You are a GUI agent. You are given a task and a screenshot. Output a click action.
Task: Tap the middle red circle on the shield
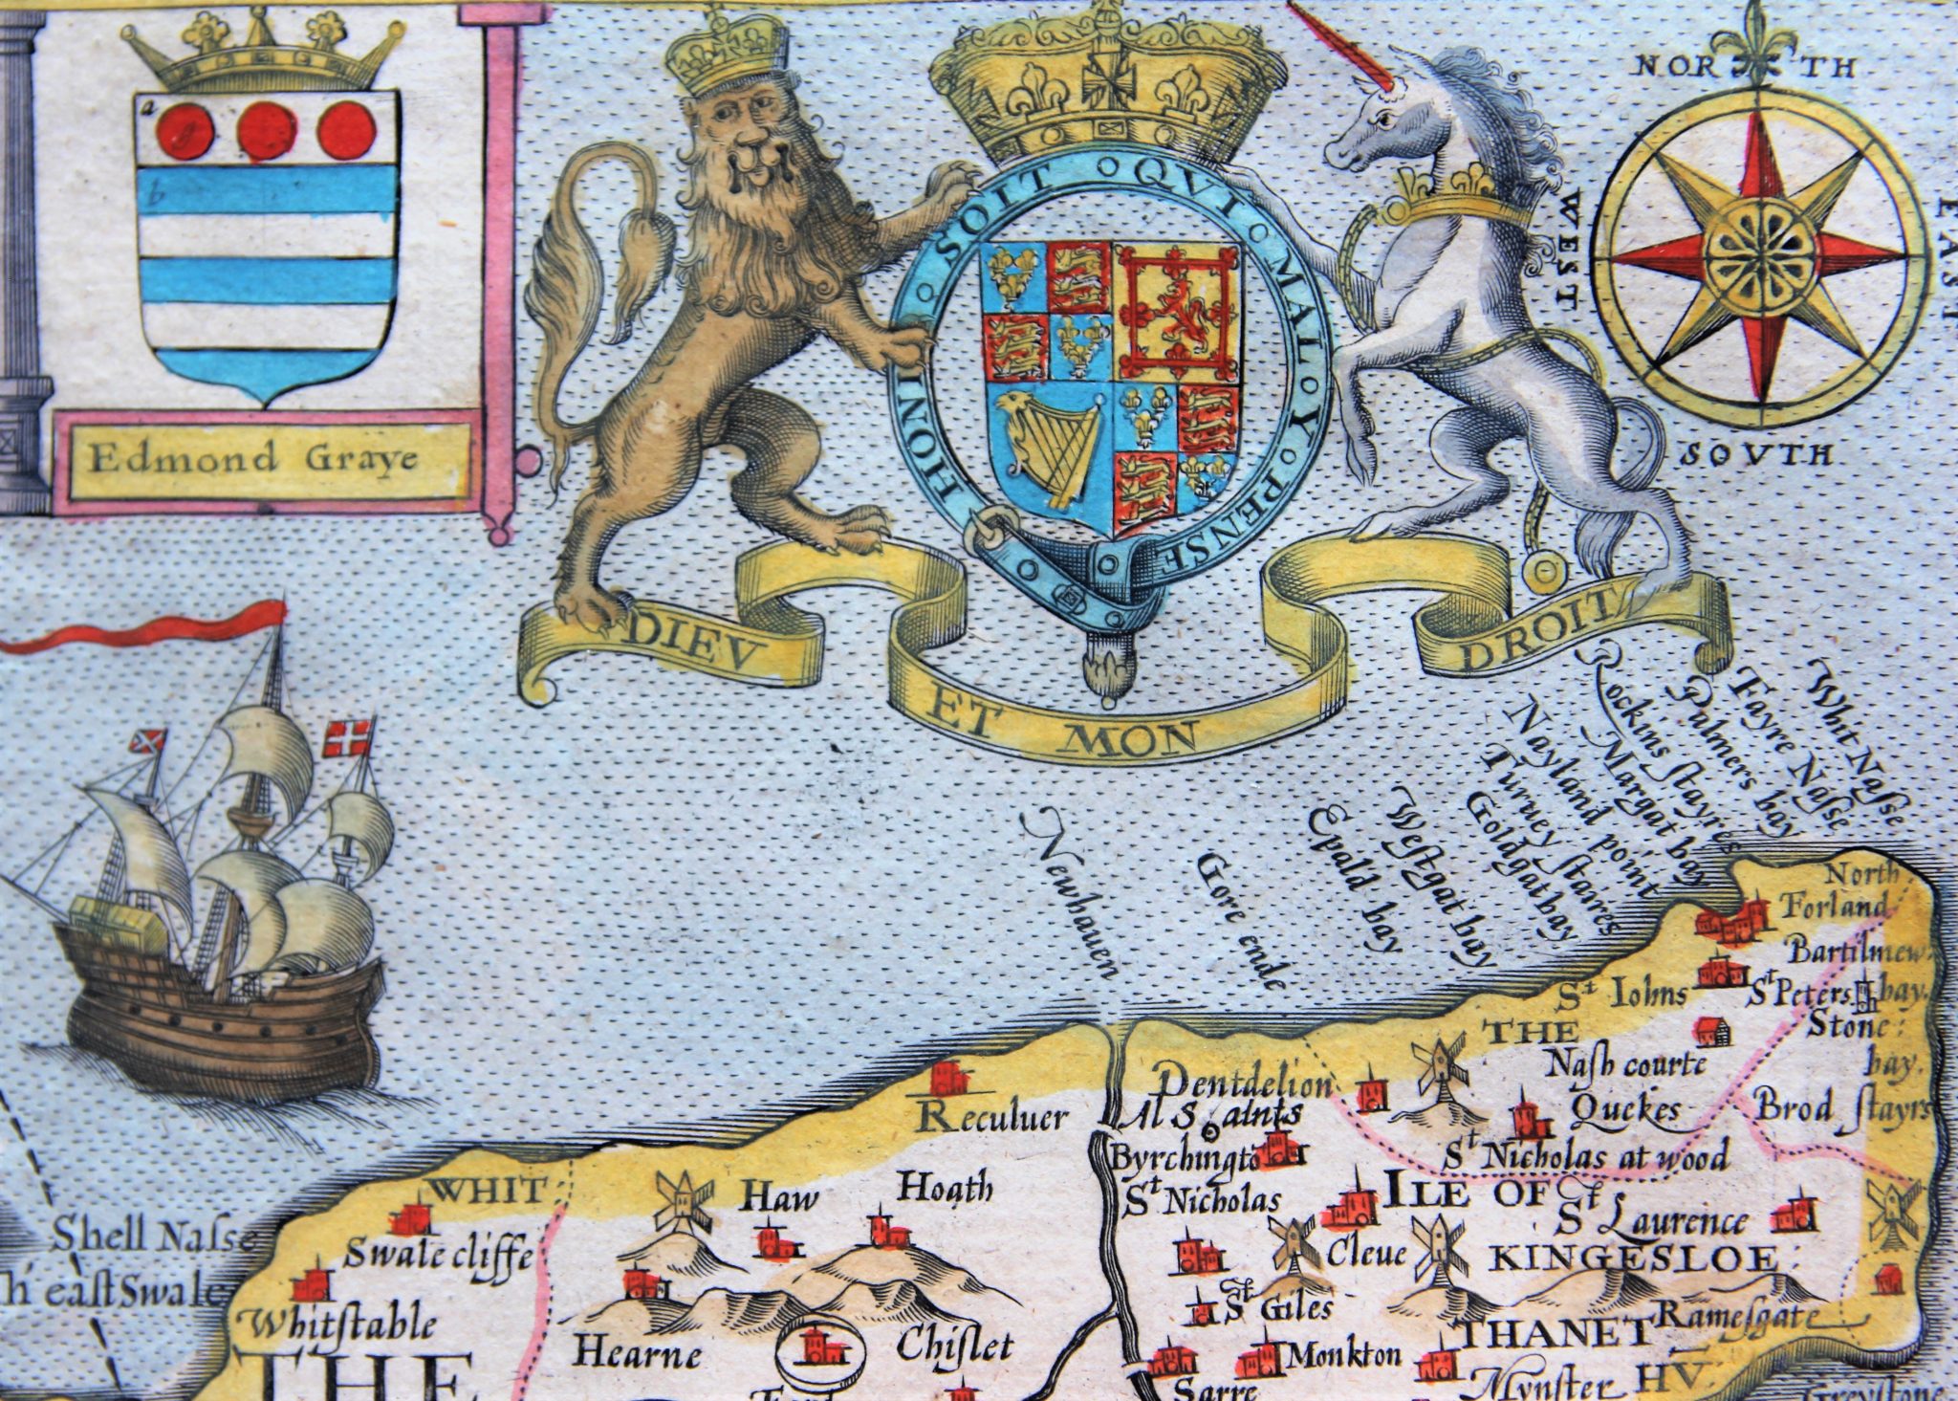click(x=262, y=132)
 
